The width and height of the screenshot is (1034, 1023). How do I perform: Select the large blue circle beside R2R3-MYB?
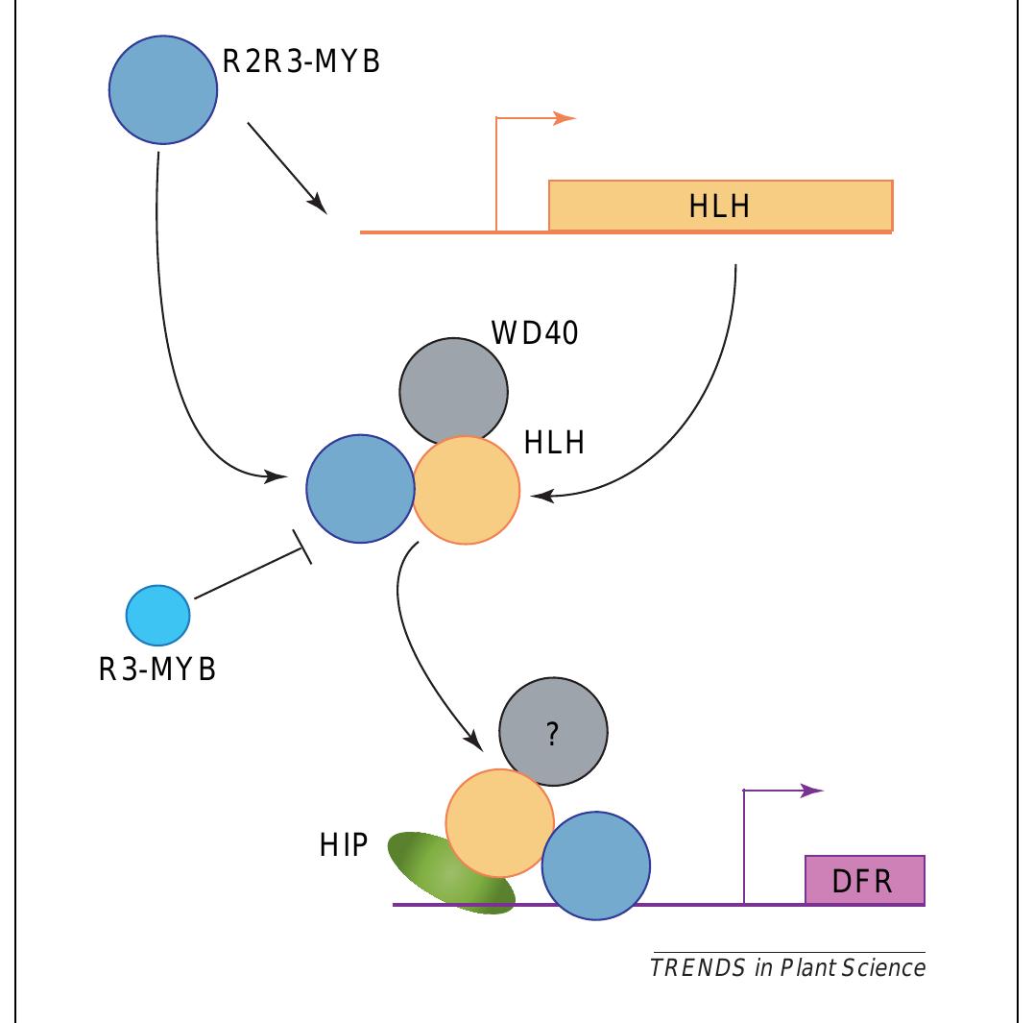point(162,90)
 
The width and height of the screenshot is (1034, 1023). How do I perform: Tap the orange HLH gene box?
point(720,205)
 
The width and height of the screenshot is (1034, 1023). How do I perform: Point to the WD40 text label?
point(535,333)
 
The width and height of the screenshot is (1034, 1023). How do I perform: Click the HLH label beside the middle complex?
point(555,443)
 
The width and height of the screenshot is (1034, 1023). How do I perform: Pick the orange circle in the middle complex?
point(468,491)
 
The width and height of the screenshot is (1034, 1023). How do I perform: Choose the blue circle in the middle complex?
point(359,489)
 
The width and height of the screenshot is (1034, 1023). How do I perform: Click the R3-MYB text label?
point(157,670)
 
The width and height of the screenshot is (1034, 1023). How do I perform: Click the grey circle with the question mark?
point(553,735)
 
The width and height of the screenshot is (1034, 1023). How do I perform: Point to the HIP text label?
point(344,846)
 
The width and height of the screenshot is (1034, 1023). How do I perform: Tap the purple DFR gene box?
point(864,879)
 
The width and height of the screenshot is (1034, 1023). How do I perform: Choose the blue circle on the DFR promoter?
point(595,865)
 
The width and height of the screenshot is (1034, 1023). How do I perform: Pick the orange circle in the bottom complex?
point(499,822)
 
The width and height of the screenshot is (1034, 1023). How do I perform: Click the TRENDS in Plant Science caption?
point(787,966)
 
